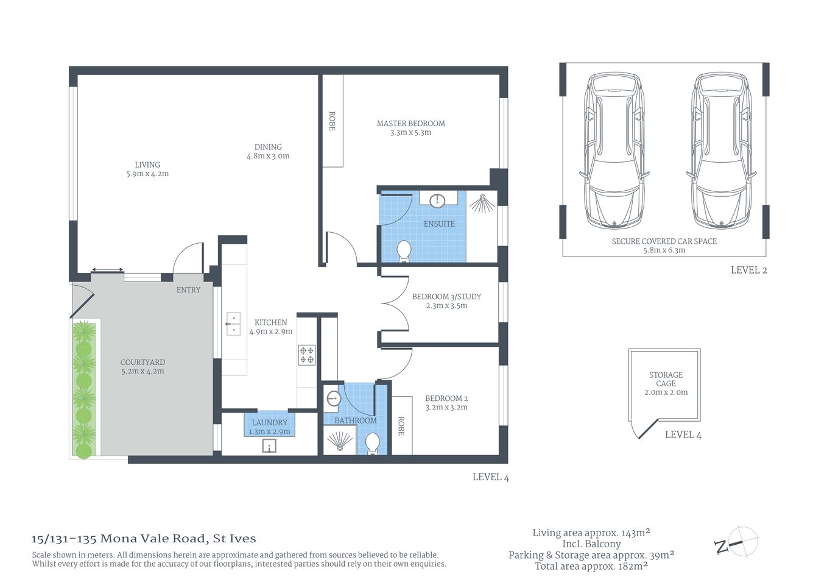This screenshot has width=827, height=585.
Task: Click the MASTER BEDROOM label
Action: tap(410, 123)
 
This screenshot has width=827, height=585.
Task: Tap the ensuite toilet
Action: tap(403, 251)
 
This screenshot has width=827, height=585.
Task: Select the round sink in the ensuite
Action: tap(437, 200)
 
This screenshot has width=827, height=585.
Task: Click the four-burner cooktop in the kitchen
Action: tap(306, 355)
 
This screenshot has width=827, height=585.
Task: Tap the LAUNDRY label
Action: tap(269, 422)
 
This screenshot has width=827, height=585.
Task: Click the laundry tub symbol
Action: tap(269, 447)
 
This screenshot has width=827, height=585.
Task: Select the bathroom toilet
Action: tap(373, 443)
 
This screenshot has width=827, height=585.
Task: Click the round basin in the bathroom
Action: tap(333, 399)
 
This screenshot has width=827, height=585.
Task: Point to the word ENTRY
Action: tap(188, 290)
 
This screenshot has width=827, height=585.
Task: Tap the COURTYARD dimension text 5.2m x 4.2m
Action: tap(143, 371)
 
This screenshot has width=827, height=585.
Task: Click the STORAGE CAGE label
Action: tap(666, 379)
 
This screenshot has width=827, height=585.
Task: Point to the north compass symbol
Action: tap(736, 542)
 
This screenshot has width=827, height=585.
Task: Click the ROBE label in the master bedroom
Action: tap(332, 121)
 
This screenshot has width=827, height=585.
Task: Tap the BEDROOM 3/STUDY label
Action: tap(446, 297)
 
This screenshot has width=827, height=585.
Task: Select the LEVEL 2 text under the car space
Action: tap(748, 270)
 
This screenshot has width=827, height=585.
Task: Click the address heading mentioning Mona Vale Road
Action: tap(144, 539)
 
